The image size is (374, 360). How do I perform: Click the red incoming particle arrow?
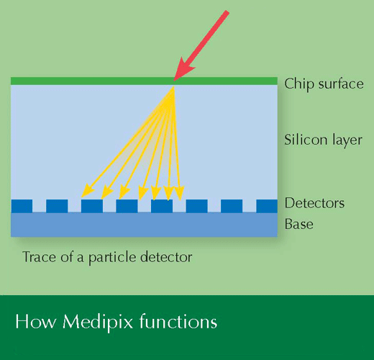[x=201, y=45]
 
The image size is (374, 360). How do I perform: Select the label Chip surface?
[x=324, y=84]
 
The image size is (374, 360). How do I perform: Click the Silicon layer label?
[x=323, y=140]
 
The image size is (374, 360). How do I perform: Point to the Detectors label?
[x=314, y=203]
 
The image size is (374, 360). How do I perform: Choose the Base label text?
[x=299, y=224]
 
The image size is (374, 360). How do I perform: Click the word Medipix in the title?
[x=98, y=323]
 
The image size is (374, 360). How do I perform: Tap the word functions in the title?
[x=178, y=322]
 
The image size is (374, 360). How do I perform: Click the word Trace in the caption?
[x=40, y=257]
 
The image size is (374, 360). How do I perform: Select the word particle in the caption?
[x=113, y=258]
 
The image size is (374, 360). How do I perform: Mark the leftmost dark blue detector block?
[x=22, y=206]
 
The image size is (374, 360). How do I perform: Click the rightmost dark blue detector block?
[x=267, y=206]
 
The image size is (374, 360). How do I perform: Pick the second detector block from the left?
[x=57, y=206]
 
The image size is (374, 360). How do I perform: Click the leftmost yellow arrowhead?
[x=88, y=192]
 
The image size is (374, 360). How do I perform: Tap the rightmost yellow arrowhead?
[x=179, y=193]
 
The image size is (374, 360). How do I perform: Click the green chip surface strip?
[x=144, y=81]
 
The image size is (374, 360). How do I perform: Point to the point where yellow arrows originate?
[x=173, y=87]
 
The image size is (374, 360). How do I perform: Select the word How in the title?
[x=36, y=322]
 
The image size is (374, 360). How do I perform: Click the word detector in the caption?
[x=166, y=257]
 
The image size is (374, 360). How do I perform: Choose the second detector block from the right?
[x=232, y=206]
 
